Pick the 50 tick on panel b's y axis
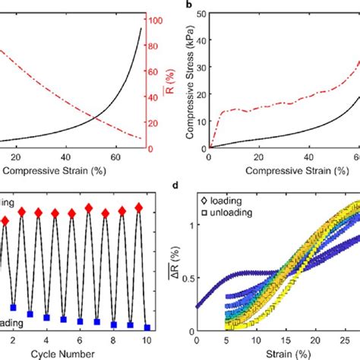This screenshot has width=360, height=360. coord(199,14)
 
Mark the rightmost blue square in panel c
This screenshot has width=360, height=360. coord(147,328)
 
